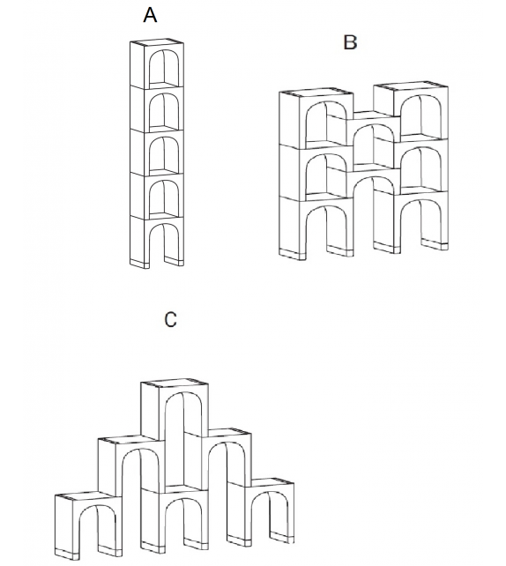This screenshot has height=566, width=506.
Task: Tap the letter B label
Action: point(350,41)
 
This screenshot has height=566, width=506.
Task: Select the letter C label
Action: point(170,320)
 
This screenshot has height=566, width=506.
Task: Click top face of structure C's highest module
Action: point(175,384)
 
